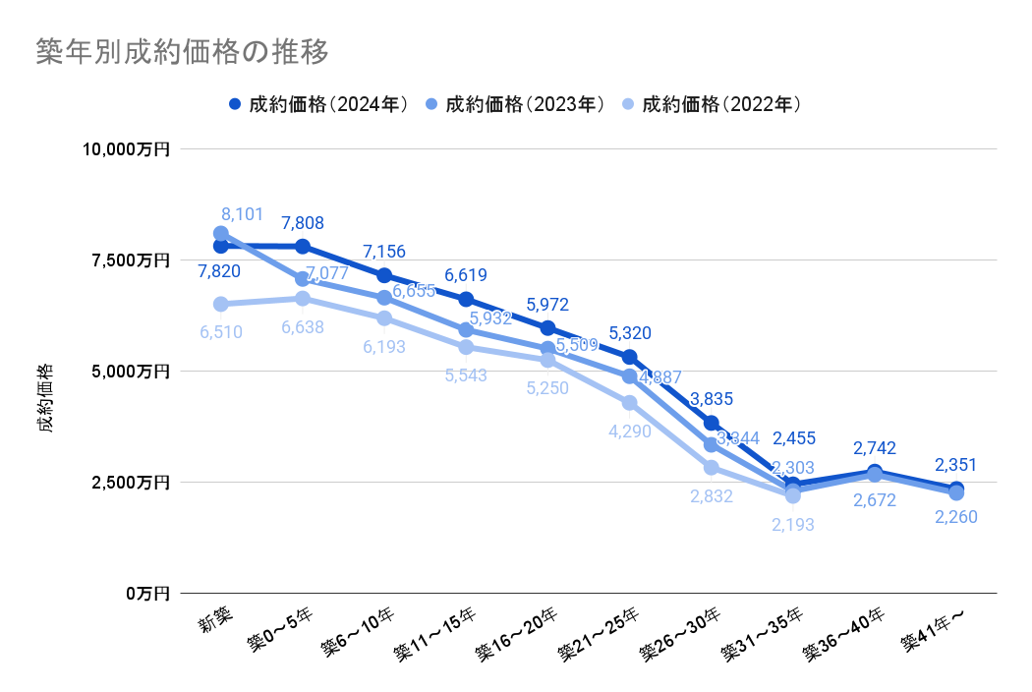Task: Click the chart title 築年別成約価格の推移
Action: pyautogui.click(x=181, y=51)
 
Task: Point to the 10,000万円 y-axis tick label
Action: pyautogui.click(x=127, y=149)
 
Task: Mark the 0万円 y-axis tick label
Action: pyautogui.click(x=147, y=594)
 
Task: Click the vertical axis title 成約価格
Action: pyautogui.click(x=46, y=399)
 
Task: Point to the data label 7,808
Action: pyautogui.click(x=302, y=223)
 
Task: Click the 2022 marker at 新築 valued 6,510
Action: pyautogui.click(x=221, y=305)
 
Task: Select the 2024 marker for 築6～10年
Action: pyautogui.click(x=384, y=275)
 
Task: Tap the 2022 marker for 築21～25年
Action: pyautogui.click(x=629, y=403)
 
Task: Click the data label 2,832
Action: pyautogui.click(x=711, y=496)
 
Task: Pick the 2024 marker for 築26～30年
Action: pyautogui.click(x=711, y=424)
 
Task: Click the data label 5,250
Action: pyautogui.click(x=547, y=388)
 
